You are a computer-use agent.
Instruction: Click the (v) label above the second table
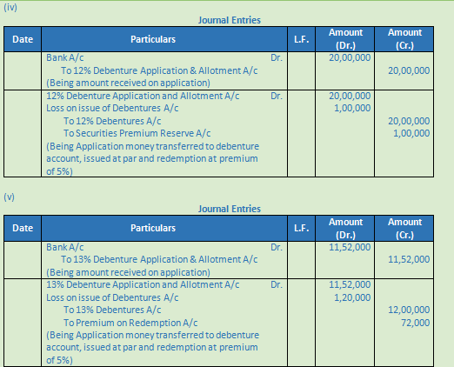[x=10, y=197]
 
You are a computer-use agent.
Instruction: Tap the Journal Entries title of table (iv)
[x=230, y=20]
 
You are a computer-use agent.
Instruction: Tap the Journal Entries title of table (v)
[x=230, y=209]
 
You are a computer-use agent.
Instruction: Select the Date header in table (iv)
[x=23, y=39]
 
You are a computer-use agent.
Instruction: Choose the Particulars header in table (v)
[x=153, y=228]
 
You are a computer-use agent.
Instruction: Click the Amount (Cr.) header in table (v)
[x=405, y=228]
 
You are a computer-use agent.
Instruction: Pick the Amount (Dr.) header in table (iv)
[x=351, y=39]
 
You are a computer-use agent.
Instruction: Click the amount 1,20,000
[x=352, y=297]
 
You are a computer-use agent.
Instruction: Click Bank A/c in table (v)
[x=65, y=247]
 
